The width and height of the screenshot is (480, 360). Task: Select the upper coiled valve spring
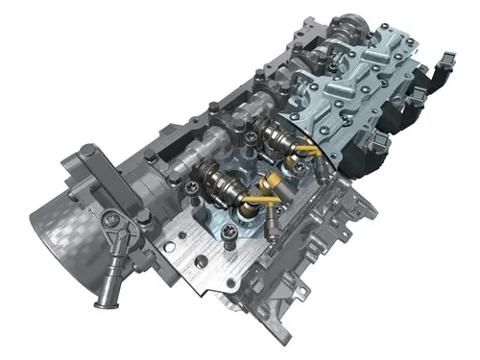point(264,138)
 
